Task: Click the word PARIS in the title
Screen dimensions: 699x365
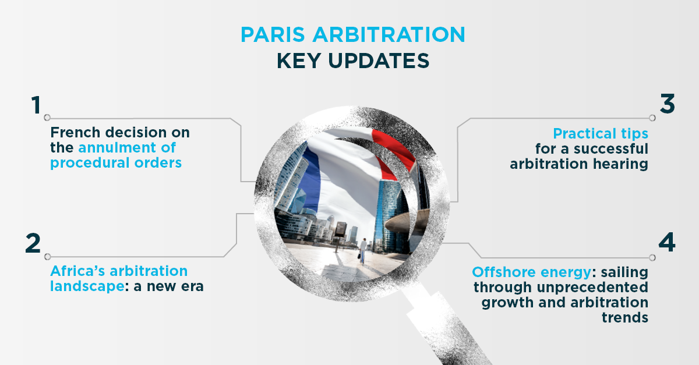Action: [x=273, y=34]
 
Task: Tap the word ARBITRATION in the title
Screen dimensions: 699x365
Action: [x=389, y=34]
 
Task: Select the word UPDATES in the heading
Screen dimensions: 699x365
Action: [x=379, y=61]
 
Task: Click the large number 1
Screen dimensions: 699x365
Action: [x=36, y=105]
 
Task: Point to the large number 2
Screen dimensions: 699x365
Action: [x=33, y=243]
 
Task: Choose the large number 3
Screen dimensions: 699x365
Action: [x=668, y=104]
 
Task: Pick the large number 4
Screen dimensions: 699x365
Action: [x=667, y=242]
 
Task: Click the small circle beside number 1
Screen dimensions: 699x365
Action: [x=47, y=118]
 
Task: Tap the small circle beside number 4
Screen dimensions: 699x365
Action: [x=652, y=258]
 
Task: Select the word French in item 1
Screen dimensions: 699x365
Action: [x=75, y=132]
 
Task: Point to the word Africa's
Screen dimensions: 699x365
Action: [x=77, y=271]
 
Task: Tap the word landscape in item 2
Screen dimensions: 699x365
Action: [x=87, y=286]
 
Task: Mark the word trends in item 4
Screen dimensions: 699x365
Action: [x=625, y=318]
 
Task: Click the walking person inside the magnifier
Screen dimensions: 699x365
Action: [x=362, y=250]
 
